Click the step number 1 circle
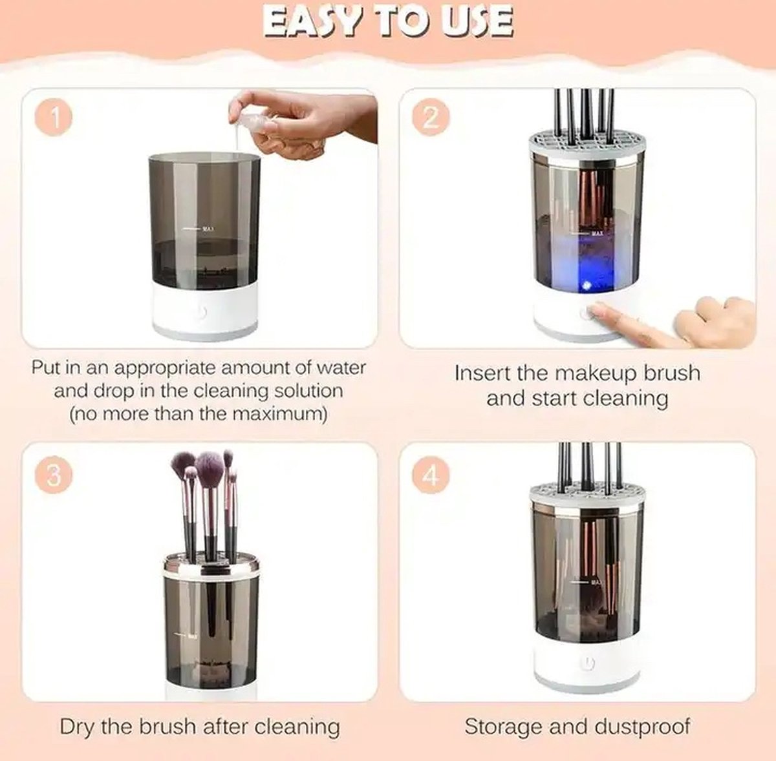(x=54, y=118)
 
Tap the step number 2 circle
(x=430, y=118)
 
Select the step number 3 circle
(x=54, y=475)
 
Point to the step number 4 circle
(x=430, y=476)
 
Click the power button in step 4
(x=586, y=663)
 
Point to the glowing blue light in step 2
(x=586, y=284)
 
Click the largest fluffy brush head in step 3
(x=208, y=469)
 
